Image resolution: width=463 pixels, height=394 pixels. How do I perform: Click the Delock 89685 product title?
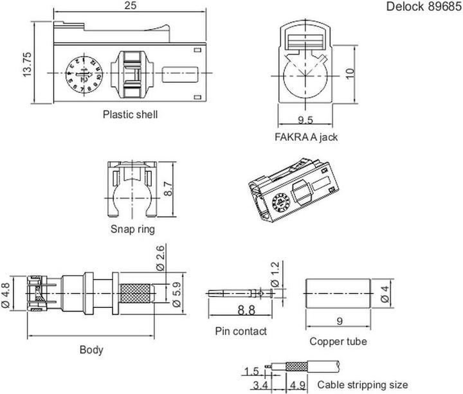(422, 7)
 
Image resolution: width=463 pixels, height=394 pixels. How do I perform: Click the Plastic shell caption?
(130, 115)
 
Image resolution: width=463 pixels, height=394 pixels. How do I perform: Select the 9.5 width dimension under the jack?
(305, 119)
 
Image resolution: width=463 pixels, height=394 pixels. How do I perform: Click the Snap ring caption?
(132, 228)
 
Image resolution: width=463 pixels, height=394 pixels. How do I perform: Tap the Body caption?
(91, 350)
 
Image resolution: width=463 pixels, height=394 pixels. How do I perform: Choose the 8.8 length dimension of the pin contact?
(241, 309)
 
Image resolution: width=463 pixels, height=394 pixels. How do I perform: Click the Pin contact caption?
(241, 331)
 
